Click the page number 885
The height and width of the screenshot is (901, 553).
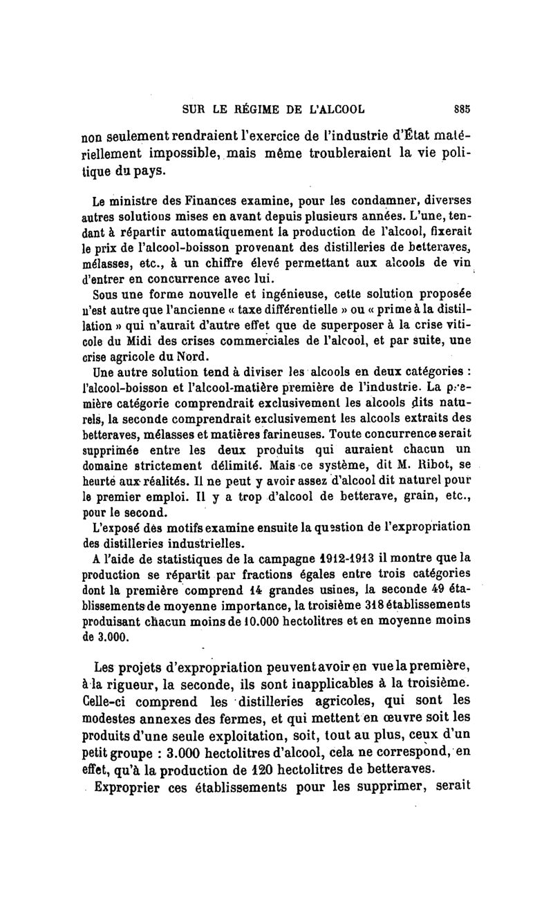click(x=462, y=108)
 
